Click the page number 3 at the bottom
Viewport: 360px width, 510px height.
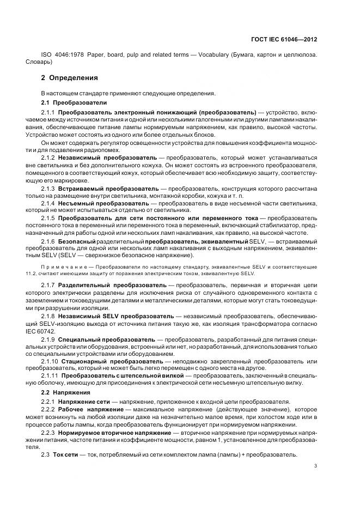[316, 465]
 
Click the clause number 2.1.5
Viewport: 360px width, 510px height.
[50, 218]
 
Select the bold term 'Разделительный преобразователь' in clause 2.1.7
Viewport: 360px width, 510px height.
[112, 285]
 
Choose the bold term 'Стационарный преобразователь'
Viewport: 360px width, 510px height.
[109, 361]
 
